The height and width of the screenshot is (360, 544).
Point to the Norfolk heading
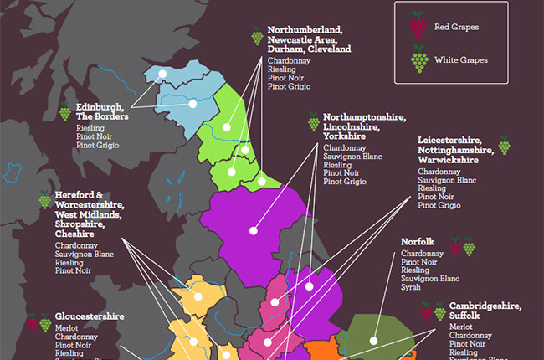(x=418, y=241)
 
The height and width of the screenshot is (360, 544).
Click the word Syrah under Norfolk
(x=410, y=288)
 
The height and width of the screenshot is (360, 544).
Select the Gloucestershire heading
(x=90, y=316)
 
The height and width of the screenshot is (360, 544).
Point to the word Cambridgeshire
(x=485, y=306)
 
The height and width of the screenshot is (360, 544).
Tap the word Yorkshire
(x=345, y=136)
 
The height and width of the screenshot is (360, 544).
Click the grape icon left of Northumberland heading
(x=256, y=36)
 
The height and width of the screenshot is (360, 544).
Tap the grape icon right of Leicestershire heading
(x=504, y=146)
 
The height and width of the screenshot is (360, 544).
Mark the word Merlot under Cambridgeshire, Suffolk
(x=461, y=327)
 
